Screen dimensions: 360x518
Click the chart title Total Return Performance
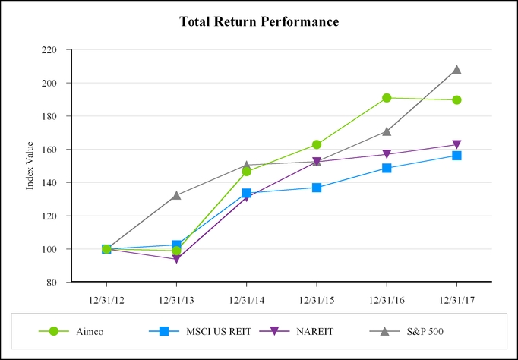[x=259, y=21]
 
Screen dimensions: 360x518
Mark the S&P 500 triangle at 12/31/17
[x=456, y=70]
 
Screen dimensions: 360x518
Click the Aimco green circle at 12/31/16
[x=387, y=98]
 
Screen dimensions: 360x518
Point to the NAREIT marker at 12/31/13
[x=176, y=259]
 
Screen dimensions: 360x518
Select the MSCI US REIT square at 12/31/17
[x=456, y=156]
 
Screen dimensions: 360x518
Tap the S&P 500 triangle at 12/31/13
[x=176, y=195]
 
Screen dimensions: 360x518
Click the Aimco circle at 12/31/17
[x=456, y=99]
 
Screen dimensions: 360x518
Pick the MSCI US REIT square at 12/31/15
[x=316, y=188]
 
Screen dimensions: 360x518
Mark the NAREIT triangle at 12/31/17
[x=456, y=145]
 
